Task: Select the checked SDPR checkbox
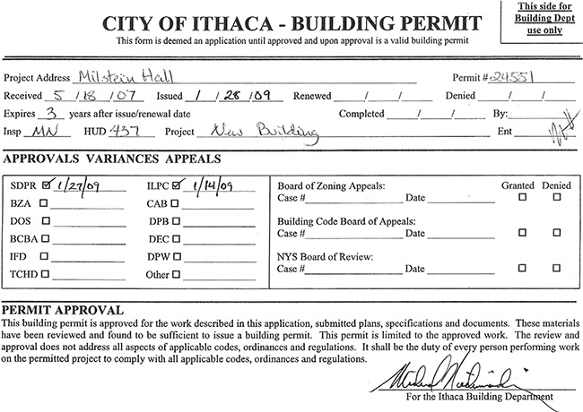tap(48, 186)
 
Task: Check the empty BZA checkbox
tap(43, 204)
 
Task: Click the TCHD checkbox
tap(43, 274)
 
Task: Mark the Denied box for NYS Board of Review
tap(557, 269)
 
